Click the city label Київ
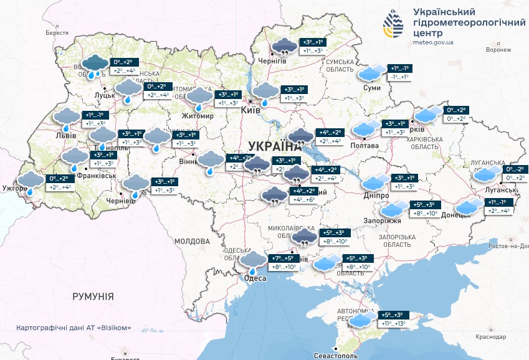(x=250, y=110)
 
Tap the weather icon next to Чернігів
(x=284, y=46)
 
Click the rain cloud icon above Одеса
(x=253, y=261)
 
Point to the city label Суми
(x=372, y=88)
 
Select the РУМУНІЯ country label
(x=93, y=296)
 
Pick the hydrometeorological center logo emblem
(x=393, y=24)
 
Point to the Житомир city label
(x=197, y=116)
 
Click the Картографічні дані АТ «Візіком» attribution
(x=74, y=328)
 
